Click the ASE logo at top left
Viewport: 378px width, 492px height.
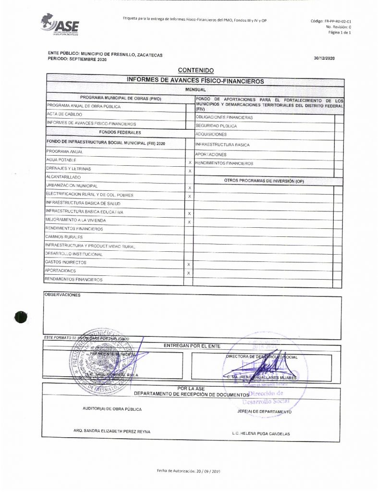click(60, 25)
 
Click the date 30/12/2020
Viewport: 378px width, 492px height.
click(324, 58)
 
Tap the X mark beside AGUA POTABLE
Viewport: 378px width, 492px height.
click(190, 163)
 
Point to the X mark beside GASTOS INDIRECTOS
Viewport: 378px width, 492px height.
click(189, 265)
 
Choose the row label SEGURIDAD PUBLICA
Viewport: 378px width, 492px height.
click(216, 126)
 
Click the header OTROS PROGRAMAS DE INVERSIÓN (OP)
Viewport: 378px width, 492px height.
click(264, 181)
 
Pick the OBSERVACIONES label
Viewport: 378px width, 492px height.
click(62, 295)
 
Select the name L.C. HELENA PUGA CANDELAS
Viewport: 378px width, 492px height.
click(261, 434)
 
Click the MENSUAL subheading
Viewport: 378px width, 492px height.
click(195, 90)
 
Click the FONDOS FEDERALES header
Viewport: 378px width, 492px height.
click(115, 131)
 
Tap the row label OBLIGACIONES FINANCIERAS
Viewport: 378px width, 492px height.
click(224, 117)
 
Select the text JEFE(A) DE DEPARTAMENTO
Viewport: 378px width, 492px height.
click(264, 412)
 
